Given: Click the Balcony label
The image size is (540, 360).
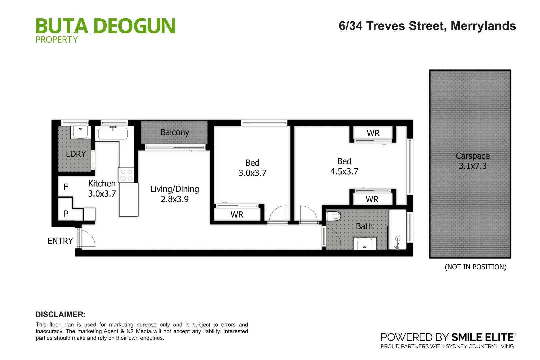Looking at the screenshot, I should pyautogui.click(x=175, y=132).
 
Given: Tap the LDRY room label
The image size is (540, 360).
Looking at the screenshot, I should pyautogui.click(x=76, y=154).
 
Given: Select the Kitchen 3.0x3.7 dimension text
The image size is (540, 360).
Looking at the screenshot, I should pyautogui.click(x=102, y=194).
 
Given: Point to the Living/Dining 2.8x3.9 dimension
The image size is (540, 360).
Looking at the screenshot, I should pyautogui.click(x=175, y=199).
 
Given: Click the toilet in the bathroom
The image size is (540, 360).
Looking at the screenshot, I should pyautogui.click(x=333, y=216).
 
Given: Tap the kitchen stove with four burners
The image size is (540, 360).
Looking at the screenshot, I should pyautogui.click(x=126, y=175).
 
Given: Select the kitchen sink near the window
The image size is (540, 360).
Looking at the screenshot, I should pyautogui.click(x=113, y=134).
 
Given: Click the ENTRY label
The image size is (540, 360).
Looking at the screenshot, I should pyautogui.click(x=60, y=241).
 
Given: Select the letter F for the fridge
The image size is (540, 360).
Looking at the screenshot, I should pyautogui.click(x=66, y=187).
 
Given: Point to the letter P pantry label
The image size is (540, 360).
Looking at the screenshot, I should pyautogui.click(x=66, y=214).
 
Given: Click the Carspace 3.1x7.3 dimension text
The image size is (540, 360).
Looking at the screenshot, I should pyautogui.click(x=472, y=166).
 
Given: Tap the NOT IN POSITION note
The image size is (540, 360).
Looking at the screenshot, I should pyautogui.click(x=475, y=267).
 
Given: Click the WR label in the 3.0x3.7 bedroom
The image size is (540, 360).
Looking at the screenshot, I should pyautogui.click(x=237, y=215).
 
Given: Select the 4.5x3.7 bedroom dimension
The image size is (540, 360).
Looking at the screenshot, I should pyautogui.click(x=344, y=172).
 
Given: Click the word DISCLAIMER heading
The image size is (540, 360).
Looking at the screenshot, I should pyautogui.click(x=60, y=314).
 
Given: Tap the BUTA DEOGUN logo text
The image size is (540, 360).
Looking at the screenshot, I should pyautogui.click(x=105, y=26).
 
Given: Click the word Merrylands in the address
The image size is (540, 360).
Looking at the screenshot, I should pyautogui.click(x=483, y=26).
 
